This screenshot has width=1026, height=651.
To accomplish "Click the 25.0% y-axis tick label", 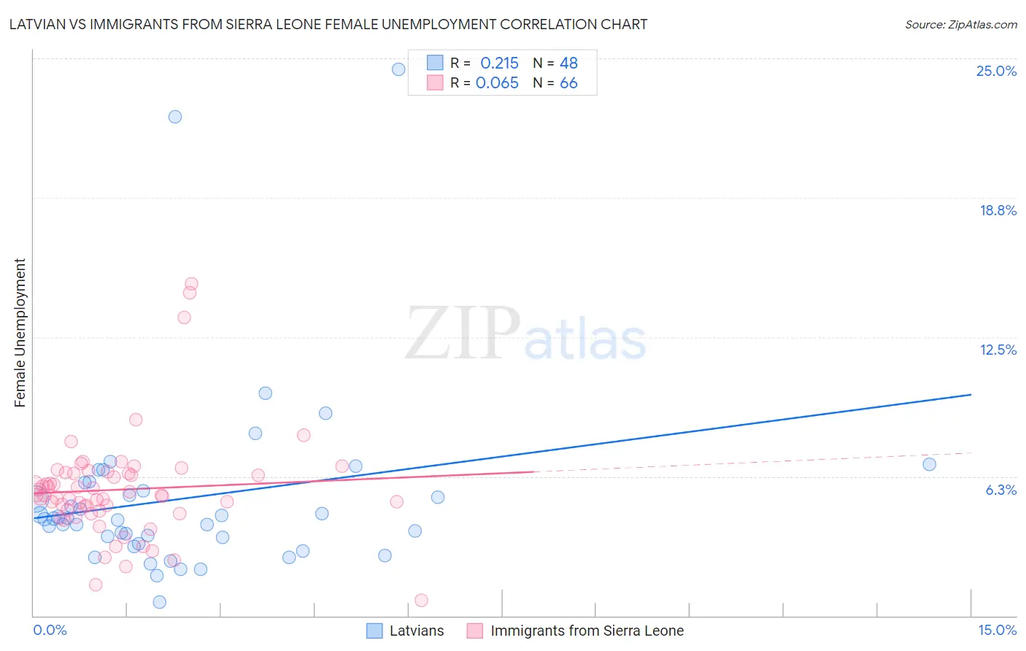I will (x=996, y=71).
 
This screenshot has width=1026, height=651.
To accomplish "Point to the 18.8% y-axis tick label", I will (x=998, y=210).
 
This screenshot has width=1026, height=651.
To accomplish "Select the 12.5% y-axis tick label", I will (x=998, y=350).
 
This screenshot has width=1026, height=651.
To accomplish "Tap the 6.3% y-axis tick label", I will (x=1000, y=490).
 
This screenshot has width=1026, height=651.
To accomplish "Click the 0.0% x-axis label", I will (x=50, y=631).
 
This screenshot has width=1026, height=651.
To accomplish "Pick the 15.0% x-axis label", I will (x=997, y=631).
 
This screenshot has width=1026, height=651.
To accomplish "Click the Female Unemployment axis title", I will (x=20, y=333).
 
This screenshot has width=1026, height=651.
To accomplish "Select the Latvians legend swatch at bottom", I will (x=374, y=631).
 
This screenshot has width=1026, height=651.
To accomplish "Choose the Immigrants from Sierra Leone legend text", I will (x=587, y=631).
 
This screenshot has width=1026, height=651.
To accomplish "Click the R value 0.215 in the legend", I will (x=499, y=63).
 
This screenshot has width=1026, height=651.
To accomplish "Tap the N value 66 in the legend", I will (x=568, y=83).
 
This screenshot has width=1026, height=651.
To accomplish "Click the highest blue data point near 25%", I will (x=398, y=69).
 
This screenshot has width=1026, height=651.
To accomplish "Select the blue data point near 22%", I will (x=175, y=117).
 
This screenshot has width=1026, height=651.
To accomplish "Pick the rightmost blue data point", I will (x=929, y=464).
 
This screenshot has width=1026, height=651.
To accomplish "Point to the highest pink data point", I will (x=191, y=284).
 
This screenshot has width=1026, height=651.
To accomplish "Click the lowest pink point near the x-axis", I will (x=421, y=600).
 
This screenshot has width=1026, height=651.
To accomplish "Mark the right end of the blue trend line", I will (x=971, y=394).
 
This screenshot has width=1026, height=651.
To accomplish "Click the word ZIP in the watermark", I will (x=463, y=333).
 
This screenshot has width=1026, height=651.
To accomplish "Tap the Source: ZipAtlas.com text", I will (x=960, y=25).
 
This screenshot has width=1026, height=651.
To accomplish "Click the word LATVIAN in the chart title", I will (x=37, y=25).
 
